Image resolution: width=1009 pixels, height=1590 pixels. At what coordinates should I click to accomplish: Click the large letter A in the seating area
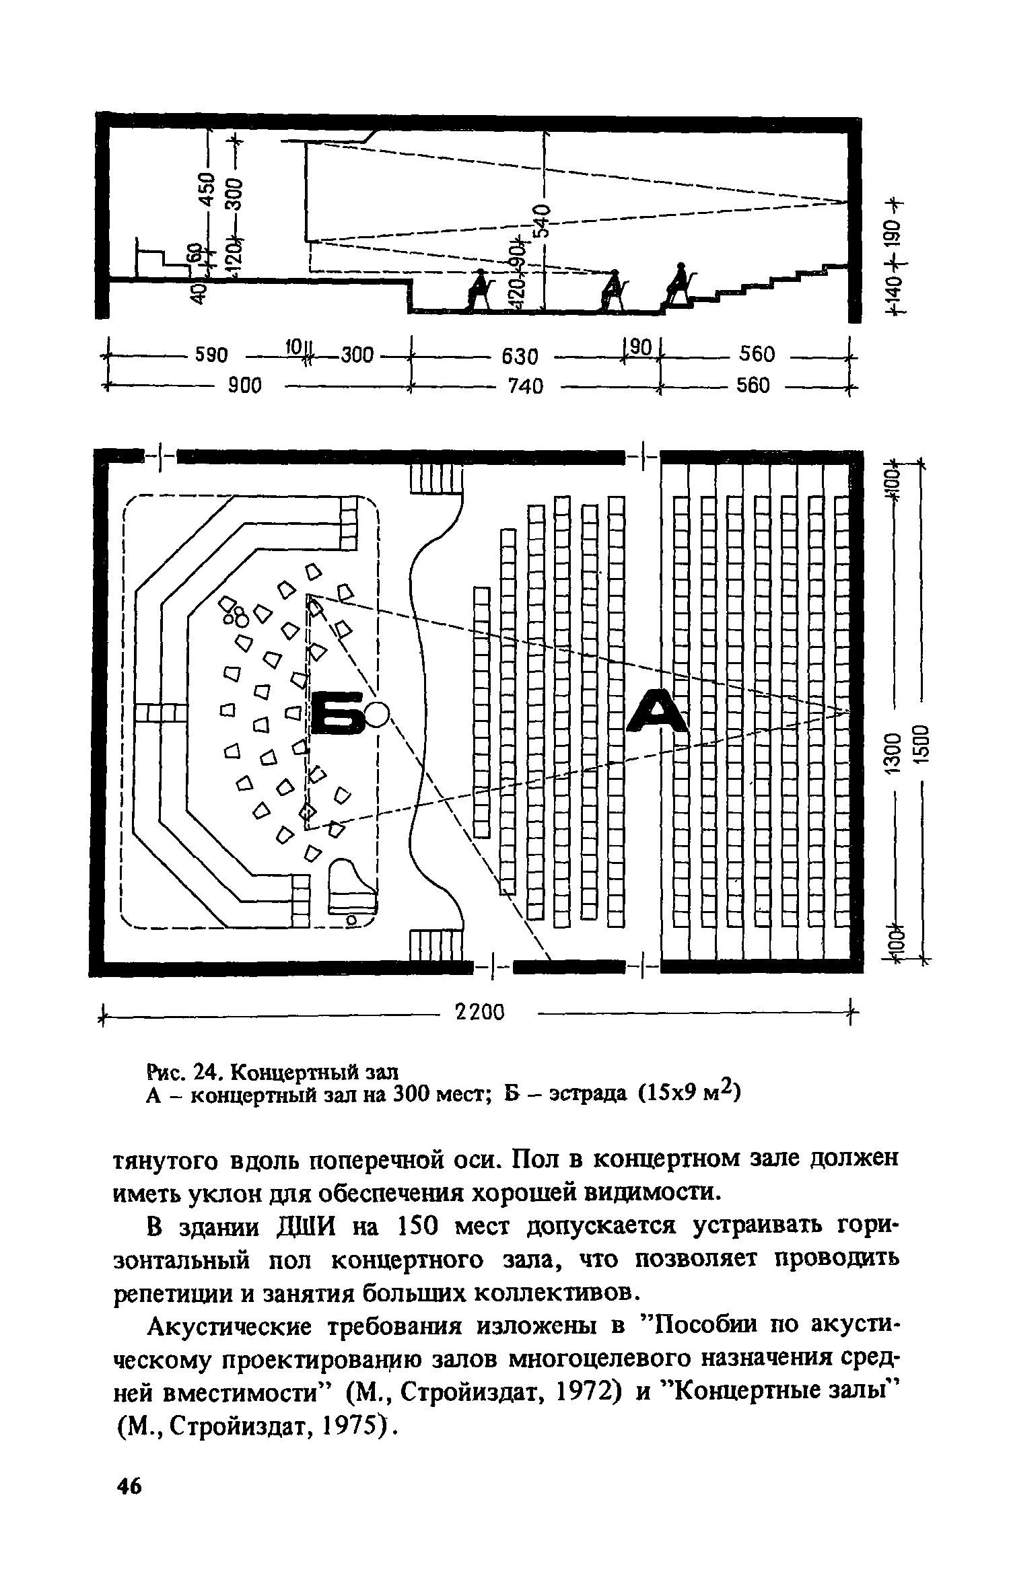pyautogui.click(x=658, y=711)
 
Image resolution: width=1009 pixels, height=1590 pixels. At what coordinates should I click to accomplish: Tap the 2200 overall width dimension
pyautogui.click(x=480, y=1011)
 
